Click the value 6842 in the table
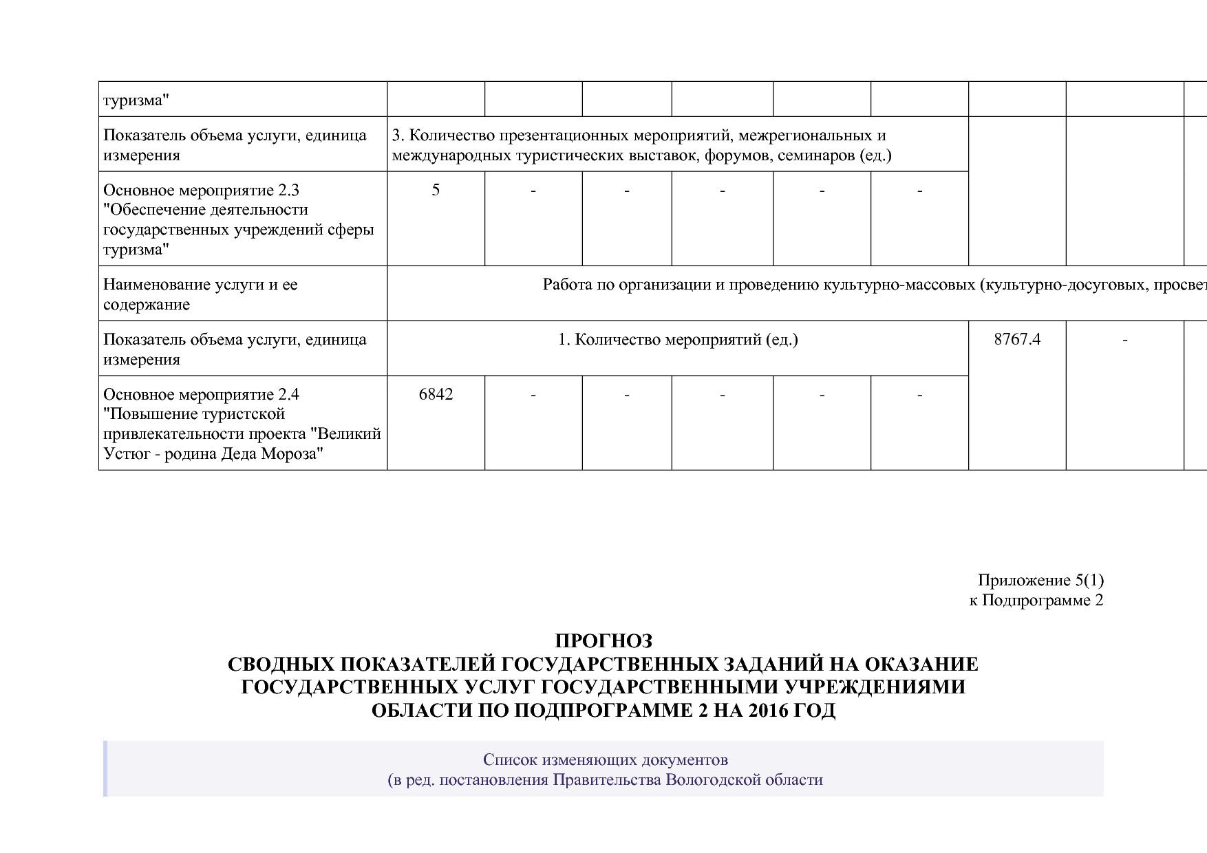coord(436,395)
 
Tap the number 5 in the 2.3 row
coord(436,191)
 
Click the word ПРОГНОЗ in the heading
coord(603,641)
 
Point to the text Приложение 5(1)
coord(1040,581)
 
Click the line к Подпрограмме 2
coord(1036,601)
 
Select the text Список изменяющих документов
coord(605,760)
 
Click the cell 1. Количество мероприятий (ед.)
coord(677,340)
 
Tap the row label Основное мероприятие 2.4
coord(201,395)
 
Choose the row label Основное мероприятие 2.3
coord(201,191)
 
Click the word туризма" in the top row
coord(136,101)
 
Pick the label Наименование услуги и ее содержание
coord(200,294)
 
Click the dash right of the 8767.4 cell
coord(1124,340)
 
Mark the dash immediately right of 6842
coord(533,395)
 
